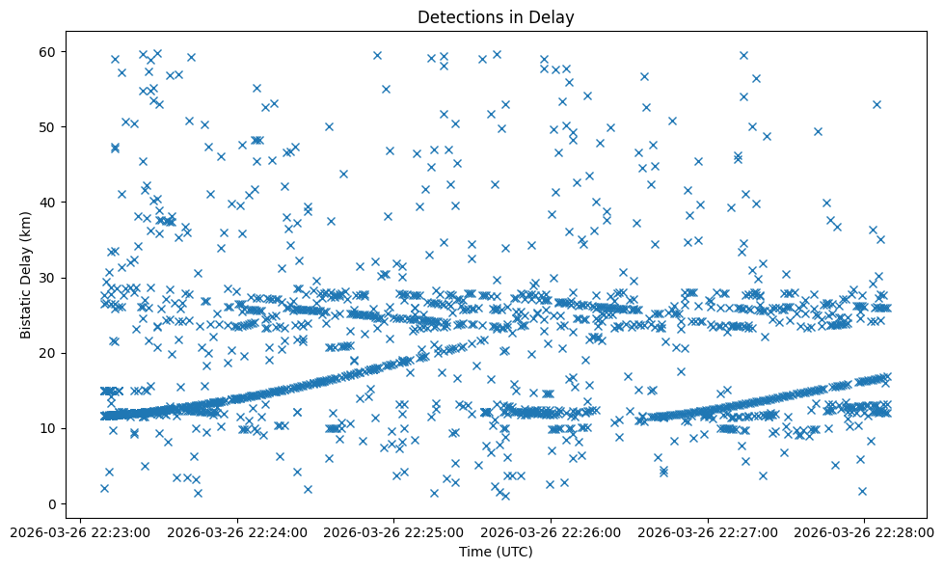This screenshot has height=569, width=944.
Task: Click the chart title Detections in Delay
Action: pyautogui.click(x=496, y=17)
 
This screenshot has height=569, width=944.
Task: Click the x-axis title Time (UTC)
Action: pyautogui.click(x=496, y=553)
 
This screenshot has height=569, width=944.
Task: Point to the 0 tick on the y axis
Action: pyautogui.click(x=50, y=503)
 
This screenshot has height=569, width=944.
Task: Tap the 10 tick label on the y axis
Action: pyautogui.click(x=46, y=428)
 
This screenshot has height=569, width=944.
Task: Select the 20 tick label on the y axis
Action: pyautogui.click(x=46, y=353)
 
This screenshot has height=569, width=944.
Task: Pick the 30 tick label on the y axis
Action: pyautogui.click(x=46, y=278)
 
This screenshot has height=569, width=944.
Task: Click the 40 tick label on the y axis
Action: pyautogui.click(x=46, y=203)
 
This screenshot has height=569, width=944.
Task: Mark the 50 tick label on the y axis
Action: pyautogui.click(x=46, y=126)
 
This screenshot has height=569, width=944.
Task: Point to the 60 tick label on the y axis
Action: pyautogui.click(x=46, y=51)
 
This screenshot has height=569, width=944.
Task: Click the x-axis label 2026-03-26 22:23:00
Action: pyautogui.click(x=79, y=531)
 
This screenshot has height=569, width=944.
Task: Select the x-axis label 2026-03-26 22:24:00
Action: pyautogui.click(x=236, y=531)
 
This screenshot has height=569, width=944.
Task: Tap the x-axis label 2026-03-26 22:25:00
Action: pyautogui.click(x=393, y=531)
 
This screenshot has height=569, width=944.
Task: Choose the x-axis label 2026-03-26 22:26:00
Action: pyautogui.click(x=551, y=531)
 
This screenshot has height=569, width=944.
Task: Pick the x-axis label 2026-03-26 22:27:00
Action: pyautogui.click(x=708, y=531)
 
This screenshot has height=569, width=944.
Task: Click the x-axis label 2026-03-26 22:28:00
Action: pyautogui.click(x=865, y=531)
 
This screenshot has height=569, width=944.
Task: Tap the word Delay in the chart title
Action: pyautogui.click(x=555, y=17)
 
